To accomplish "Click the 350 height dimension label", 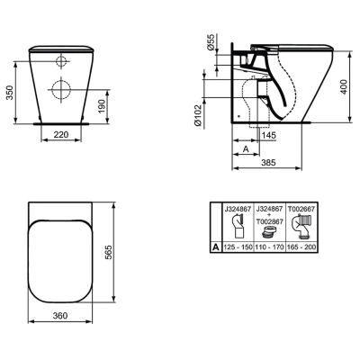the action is (10, 93).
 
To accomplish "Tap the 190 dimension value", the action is (102, 106).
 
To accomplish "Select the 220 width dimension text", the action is (61, 135).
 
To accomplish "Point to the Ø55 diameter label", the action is (211, 42).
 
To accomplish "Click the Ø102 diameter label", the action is (197, 115).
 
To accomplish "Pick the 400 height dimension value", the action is (344, 86).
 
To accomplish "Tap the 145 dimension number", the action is (268, 136).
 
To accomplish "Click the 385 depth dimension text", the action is (268, 163).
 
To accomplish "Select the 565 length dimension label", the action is (108, 252).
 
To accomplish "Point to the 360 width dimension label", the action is (60, 316).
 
